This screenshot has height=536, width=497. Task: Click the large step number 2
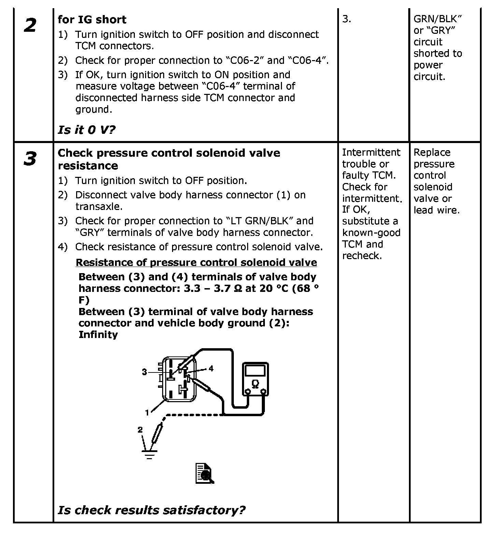(x=30, y=25)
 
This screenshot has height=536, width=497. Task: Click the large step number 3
(x=30, y=159)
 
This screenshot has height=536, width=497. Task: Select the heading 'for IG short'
(x=92, y=19)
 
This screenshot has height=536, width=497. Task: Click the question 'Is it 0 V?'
(x=87, y=130)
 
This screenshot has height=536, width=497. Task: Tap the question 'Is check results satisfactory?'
(x=152, y=510)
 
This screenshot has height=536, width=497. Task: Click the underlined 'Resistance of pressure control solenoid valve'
(x=196, y=262)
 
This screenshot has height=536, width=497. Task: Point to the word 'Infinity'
(x=98, y=335)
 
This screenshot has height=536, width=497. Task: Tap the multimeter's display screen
(x=255, y=370)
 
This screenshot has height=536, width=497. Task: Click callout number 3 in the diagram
(x=145, y=372)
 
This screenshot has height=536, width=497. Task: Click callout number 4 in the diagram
(x=211, y=368)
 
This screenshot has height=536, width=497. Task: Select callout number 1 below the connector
(x=147, y=413)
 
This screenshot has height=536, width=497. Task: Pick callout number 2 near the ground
(x=140, y=429)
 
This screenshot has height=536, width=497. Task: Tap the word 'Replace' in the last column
(x=432, y=152)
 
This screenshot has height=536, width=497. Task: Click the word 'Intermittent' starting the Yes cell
(x=371, y=152)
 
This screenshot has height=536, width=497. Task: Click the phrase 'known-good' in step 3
(x=371, y=233)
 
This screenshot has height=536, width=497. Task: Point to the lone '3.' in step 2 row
(x=346, y=19)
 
